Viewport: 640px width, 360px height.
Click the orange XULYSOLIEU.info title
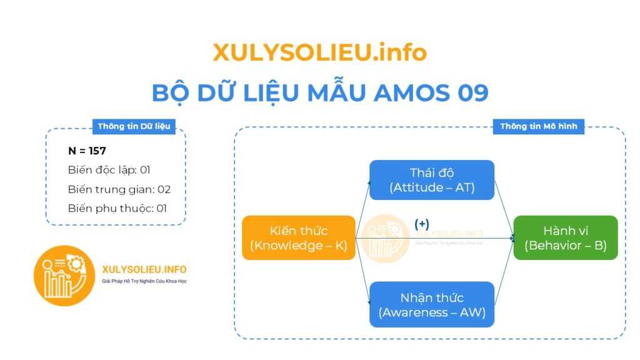[x=319, y=52]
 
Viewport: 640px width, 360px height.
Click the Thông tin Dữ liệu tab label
[x=134, y=126]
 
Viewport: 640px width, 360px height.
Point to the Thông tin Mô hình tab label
[x=539, y=126]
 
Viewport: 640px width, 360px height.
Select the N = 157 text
[x=87, y=151]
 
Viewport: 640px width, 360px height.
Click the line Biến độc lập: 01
[x=109, y=170]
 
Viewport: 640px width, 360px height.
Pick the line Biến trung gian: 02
[x=119, y=189]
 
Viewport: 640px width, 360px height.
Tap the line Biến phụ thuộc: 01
[x=117, y=209]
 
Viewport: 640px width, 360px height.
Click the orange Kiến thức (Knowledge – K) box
[x=299, y=237]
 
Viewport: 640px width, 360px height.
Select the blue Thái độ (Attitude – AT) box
[x=432, y=180]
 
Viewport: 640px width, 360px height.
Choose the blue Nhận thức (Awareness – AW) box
[x=432, y=304]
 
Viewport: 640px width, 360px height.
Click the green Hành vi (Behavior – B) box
[x=566, y=237]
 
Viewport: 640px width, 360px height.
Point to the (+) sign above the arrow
[x=422, y=224]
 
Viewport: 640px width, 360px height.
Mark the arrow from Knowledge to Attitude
[x=363, y=209]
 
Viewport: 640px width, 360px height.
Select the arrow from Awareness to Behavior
[x=504, y=271]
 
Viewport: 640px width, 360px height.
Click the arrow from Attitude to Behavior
[x=504, y=209]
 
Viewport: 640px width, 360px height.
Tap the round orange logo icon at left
[x=64, y=276]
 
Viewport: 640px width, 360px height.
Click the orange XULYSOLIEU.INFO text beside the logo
[x=144, y=269]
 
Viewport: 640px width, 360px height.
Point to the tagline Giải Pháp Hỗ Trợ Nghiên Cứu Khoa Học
[x=144, y=281]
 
